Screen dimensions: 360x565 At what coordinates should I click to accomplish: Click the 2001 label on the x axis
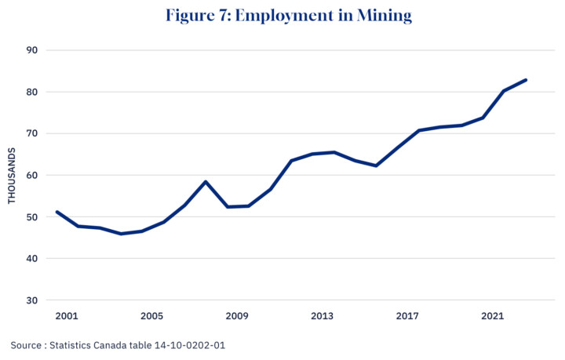67,316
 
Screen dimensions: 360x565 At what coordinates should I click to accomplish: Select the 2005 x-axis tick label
151,316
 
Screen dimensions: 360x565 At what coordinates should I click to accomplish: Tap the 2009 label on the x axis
237,316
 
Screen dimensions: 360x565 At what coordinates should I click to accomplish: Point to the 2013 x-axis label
322,316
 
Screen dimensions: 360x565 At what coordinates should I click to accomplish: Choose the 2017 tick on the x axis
407,316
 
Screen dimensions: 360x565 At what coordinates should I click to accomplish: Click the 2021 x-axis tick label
492,316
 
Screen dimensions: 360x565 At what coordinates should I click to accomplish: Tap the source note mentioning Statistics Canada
123,345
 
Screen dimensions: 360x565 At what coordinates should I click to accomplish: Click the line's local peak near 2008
206,182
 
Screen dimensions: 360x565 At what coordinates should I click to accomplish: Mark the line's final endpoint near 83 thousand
526,80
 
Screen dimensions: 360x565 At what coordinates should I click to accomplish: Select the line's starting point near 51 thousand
56,212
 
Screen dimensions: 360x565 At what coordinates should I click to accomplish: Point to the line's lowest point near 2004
120,234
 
